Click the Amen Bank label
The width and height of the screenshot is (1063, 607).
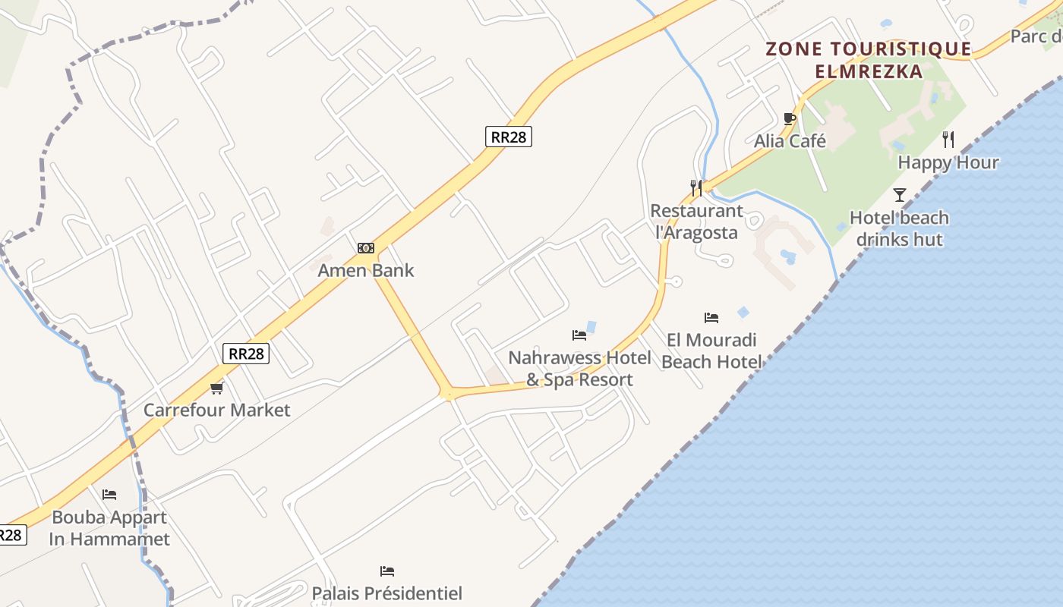(x=366, y=271)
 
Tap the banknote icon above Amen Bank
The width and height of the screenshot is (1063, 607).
(x=366, y=248)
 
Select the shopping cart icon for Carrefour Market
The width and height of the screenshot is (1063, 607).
(x=217, y=388)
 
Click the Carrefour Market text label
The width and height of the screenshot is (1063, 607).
(x=217, y=410)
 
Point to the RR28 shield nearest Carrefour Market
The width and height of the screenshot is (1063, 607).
(x=247, y=353)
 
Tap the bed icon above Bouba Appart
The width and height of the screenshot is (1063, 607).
(x=109, y=495)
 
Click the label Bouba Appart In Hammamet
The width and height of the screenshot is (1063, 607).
(x=109, y=529)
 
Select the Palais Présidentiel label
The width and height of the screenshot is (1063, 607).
(x=386, y=593)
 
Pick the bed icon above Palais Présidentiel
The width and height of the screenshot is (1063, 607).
(x=387, y=571)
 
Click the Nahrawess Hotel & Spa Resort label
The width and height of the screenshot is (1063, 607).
(x=579, y=369)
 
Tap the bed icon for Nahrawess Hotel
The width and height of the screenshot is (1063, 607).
(x=579, y=335)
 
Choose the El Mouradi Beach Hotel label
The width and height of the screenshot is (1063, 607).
(x=711, y=351)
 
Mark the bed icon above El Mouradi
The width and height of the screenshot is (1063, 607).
(x=711, y=317)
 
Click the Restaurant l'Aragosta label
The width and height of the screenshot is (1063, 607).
(x=696, y=222)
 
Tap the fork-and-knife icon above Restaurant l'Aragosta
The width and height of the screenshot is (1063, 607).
(x=696, y=187)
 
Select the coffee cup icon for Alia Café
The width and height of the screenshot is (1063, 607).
(x=790, y=118)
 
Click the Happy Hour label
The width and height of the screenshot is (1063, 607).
(x=948, y=162)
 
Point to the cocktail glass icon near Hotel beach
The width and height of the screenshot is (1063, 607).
(x=900, y=195)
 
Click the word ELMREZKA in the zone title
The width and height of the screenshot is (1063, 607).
(x=869, y=72)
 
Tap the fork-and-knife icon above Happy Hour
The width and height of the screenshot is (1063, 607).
(x=948, y=140)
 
